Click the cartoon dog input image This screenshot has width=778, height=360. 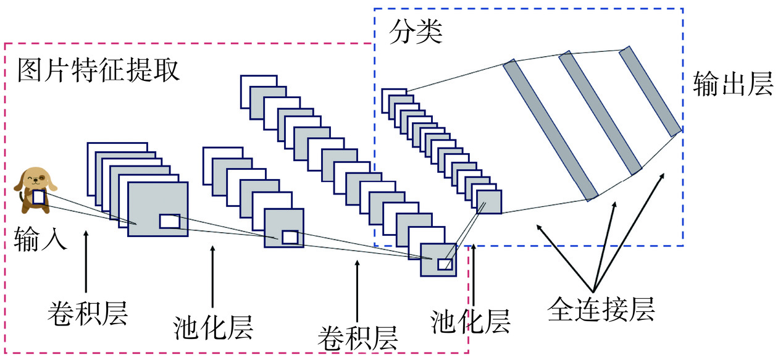36,188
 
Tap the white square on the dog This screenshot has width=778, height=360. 38,198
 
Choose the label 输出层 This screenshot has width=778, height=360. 733,84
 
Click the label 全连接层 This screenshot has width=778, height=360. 601,308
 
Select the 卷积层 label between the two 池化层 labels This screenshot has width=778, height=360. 358,337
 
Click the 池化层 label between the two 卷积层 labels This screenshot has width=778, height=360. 213,327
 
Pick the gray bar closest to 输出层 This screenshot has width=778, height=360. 650,90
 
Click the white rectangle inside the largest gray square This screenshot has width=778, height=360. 169,221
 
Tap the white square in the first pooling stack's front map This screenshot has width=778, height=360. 290,237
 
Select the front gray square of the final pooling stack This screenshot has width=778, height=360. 489,201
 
